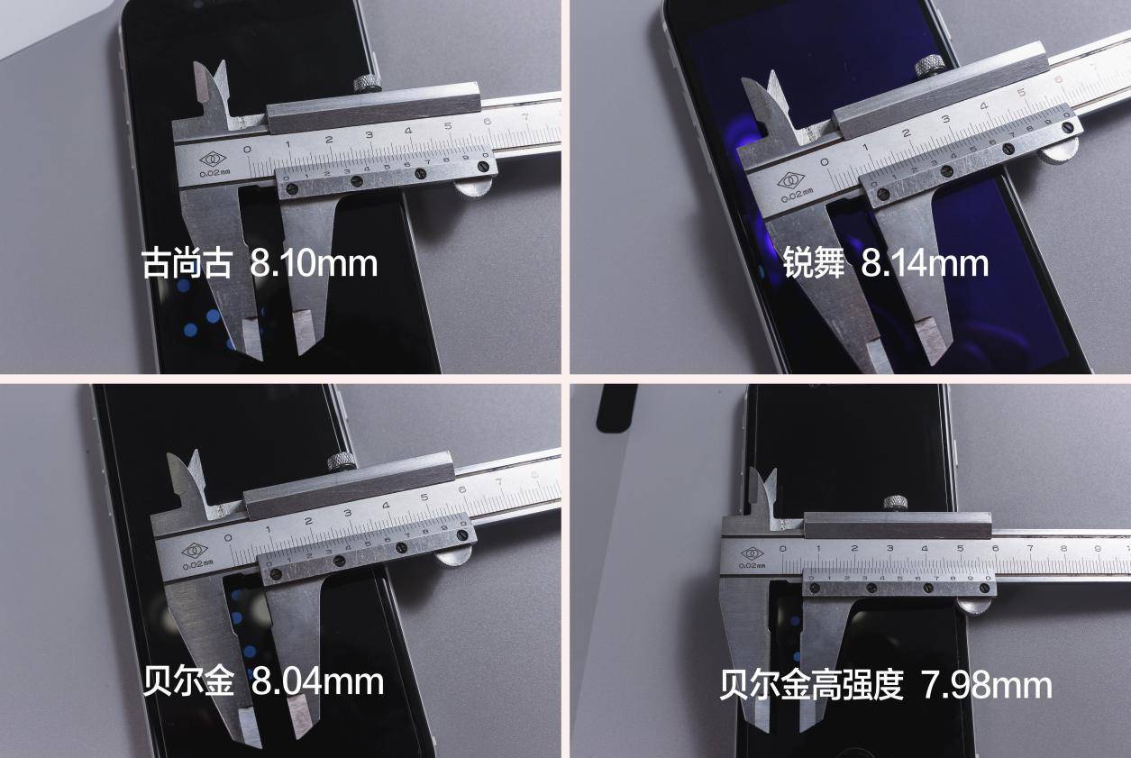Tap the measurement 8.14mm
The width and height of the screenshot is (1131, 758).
pyautogui.click(x=925, y=263)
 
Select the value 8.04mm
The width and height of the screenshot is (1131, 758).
pyautogui.click(x=317, y=680)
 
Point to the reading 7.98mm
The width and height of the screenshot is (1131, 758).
pyautogui.click(x=986, y=685)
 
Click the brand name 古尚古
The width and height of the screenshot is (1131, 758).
pyautogui.click(x=187, y=265)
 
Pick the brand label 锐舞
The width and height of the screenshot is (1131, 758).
pyautogui.click(x=814, y=263)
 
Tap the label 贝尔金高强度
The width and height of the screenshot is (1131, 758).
pyautogui.click(x=811, y=685)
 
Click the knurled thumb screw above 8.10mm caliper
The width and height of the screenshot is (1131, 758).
pyautogui.click(x=366, y=84)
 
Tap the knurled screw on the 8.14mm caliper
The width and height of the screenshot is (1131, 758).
pyautogui.click(x=928, y=65)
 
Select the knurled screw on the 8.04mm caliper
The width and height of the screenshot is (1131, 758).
pyautogui.click(x=340, y=462)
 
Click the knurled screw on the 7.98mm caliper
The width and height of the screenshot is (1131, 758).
pyautogui.click(x=895, y=503)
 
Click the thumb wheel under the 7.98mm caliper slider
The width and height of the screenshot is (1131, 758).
pyautogui.click(x=972, y=605)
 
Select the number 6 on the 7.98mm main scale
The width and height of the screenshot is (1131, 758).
pyautogui.click(x=995, y=547)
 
